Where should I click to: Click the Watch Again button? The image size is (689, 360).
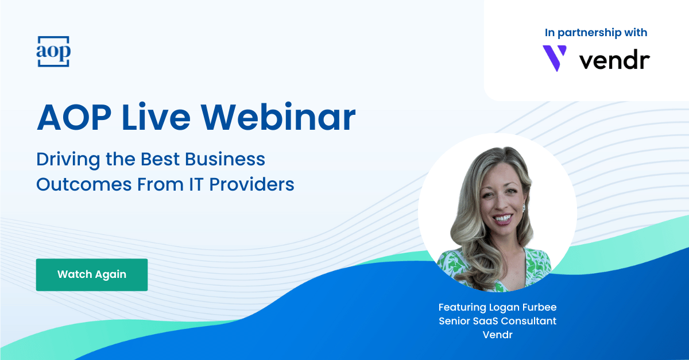(92, 274)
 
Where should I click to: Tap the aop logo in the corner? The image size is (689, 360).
(53, 51)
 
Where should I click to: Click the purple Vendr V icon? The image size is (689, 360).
(554, 58)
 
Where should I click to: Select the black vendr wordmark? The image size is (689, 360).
(614, 61)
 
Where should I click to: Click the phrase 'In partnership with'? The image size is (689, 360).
(596, 33)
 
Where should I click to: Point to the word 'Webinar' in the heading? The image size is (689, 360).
(278, 118)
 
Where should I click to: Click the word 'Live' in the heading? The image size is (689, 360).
(156, 118)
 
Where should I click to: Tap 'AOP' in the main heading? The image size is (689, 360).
(74, 118)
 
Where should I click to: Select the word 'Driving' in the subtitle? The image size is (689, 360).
(68, 160)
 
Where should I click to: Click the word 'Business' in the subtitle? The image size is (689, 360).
(225, 159)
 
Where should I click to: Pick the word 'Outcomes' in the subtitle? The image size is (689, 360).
(84, 185)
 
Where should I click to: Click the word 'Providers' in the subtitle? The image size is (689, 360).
(251, 184)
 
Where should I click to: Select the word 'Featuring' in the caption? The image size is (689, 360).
(462, 307)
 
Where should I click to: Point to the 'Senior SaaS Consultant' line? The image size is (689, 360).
(497, 321)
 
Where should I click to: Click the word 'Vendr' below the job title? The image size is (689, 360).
(497, 335)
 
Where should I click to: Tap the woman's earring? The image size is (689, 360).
(524, 208)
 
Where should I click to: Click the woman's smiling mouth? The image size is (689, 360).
(502, 219)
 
